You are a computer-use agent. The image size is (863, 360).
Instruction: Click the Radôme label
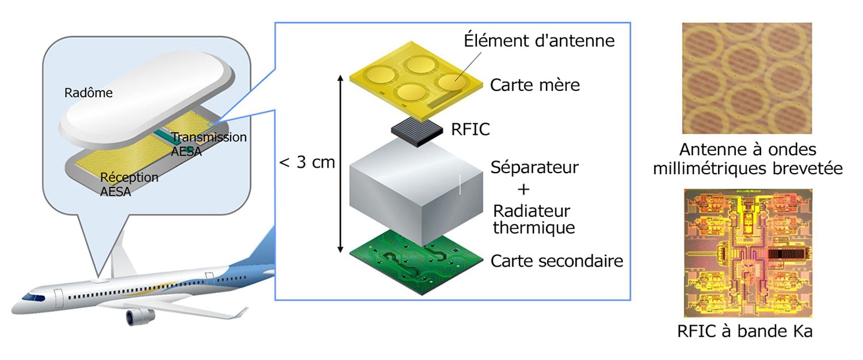[88, 93]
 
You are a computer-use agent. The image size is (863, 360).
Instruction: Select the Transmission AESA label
[209, 144]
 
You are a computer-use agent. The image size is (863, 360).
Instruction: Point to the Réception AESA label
[129, 184]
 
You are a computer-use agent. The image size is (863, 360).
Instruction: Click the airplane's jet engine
[140, 316]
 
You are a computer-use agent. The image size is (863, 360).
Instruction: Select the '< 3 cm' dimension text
[307, 162]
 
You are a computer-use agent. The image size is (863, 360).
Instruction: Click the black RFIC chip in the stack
[417, 131]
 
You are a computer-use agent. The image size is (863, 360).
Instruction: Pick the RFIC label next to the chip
[470, 129]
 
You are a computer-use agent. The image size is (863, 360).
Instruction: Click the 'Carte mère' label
[535, 85]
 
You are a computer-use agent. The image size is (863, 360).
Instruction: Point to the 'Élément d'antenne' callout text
[539, 40]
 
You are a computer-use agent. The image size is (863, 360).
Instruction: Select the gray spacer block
[416, 192]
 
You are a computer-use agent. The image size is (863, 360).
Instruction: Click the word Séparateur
[535, 168]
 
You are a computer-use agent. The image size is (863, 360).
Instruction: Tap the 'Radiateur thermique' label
[533, 219]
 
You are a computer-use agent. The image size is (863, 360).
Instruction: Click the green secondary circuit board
[416, 262]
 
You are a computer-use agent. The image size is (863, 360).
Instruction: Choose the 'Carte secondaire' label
[557, 261]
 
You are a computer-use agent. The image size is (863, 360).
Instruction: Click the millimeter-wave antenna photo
[747, 78]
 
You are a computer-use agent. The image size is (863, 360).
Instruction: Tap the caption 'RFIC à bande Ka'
[745, 331]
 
